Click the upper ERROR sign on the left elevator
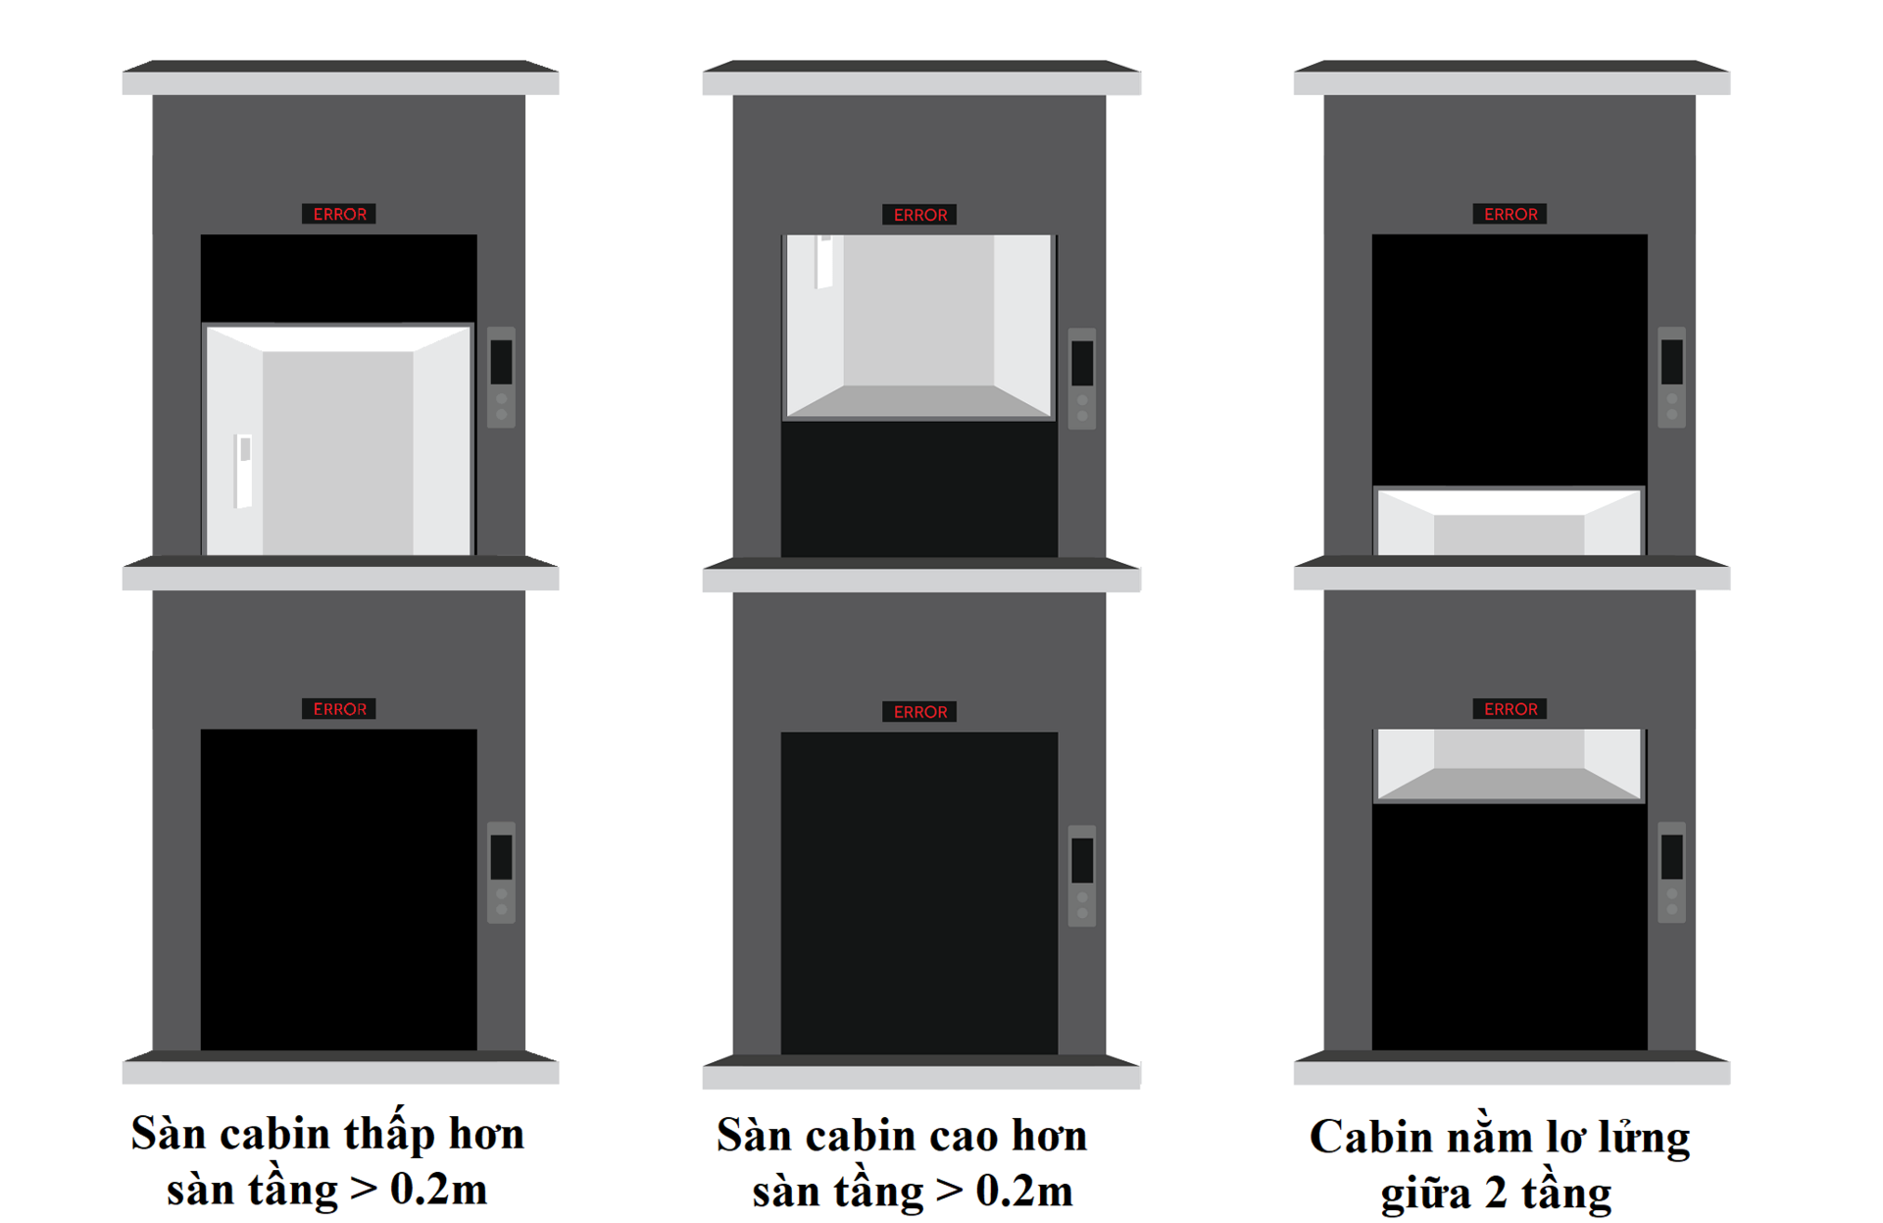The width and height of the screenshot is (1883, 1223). tap(339, 214)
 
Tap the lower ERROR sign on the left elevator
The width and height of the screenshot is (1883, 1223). tap(339, 709)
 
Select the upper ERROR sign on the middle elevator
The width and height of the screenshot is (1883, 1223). tap(919, 215)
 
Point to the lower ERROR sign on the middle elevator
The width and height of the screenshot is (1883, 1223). tap(919, 712)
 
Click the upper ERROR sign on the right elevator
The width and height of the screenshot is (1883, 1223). tap(1510, 214)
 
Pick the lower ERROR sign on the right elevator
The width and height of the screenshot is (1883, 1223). tap(1510, 709)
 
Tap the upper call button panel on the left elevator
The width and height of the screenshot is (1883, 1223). tap(501, 378)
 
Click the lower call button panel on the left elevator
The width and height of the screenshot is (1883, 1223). tap(501, 873)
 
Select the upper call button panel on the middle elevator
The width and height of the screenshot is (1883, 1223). tap(1082, 379)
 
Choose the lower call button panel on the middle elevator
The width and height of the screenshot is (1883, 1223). tap(1082, 876)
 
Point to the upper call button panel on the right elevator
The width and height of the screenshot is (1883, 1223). tap(1671, 378)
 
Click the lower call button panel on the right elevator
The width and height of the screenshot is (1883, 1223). tap(1671, 873)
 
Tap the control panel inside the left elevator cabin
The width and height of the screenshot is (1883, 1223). tap(244, 471)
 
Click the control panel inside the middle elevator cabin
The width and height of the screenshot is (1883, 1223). tap(824, 262)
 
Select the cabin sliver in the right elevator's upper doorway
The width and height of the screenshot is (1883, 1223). tap(1510, 521)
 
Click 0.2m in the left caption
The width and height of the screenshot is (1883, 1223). tap(438, 1190)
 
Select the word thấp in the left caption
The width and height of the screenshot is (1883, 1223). tap(390, 1136)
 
